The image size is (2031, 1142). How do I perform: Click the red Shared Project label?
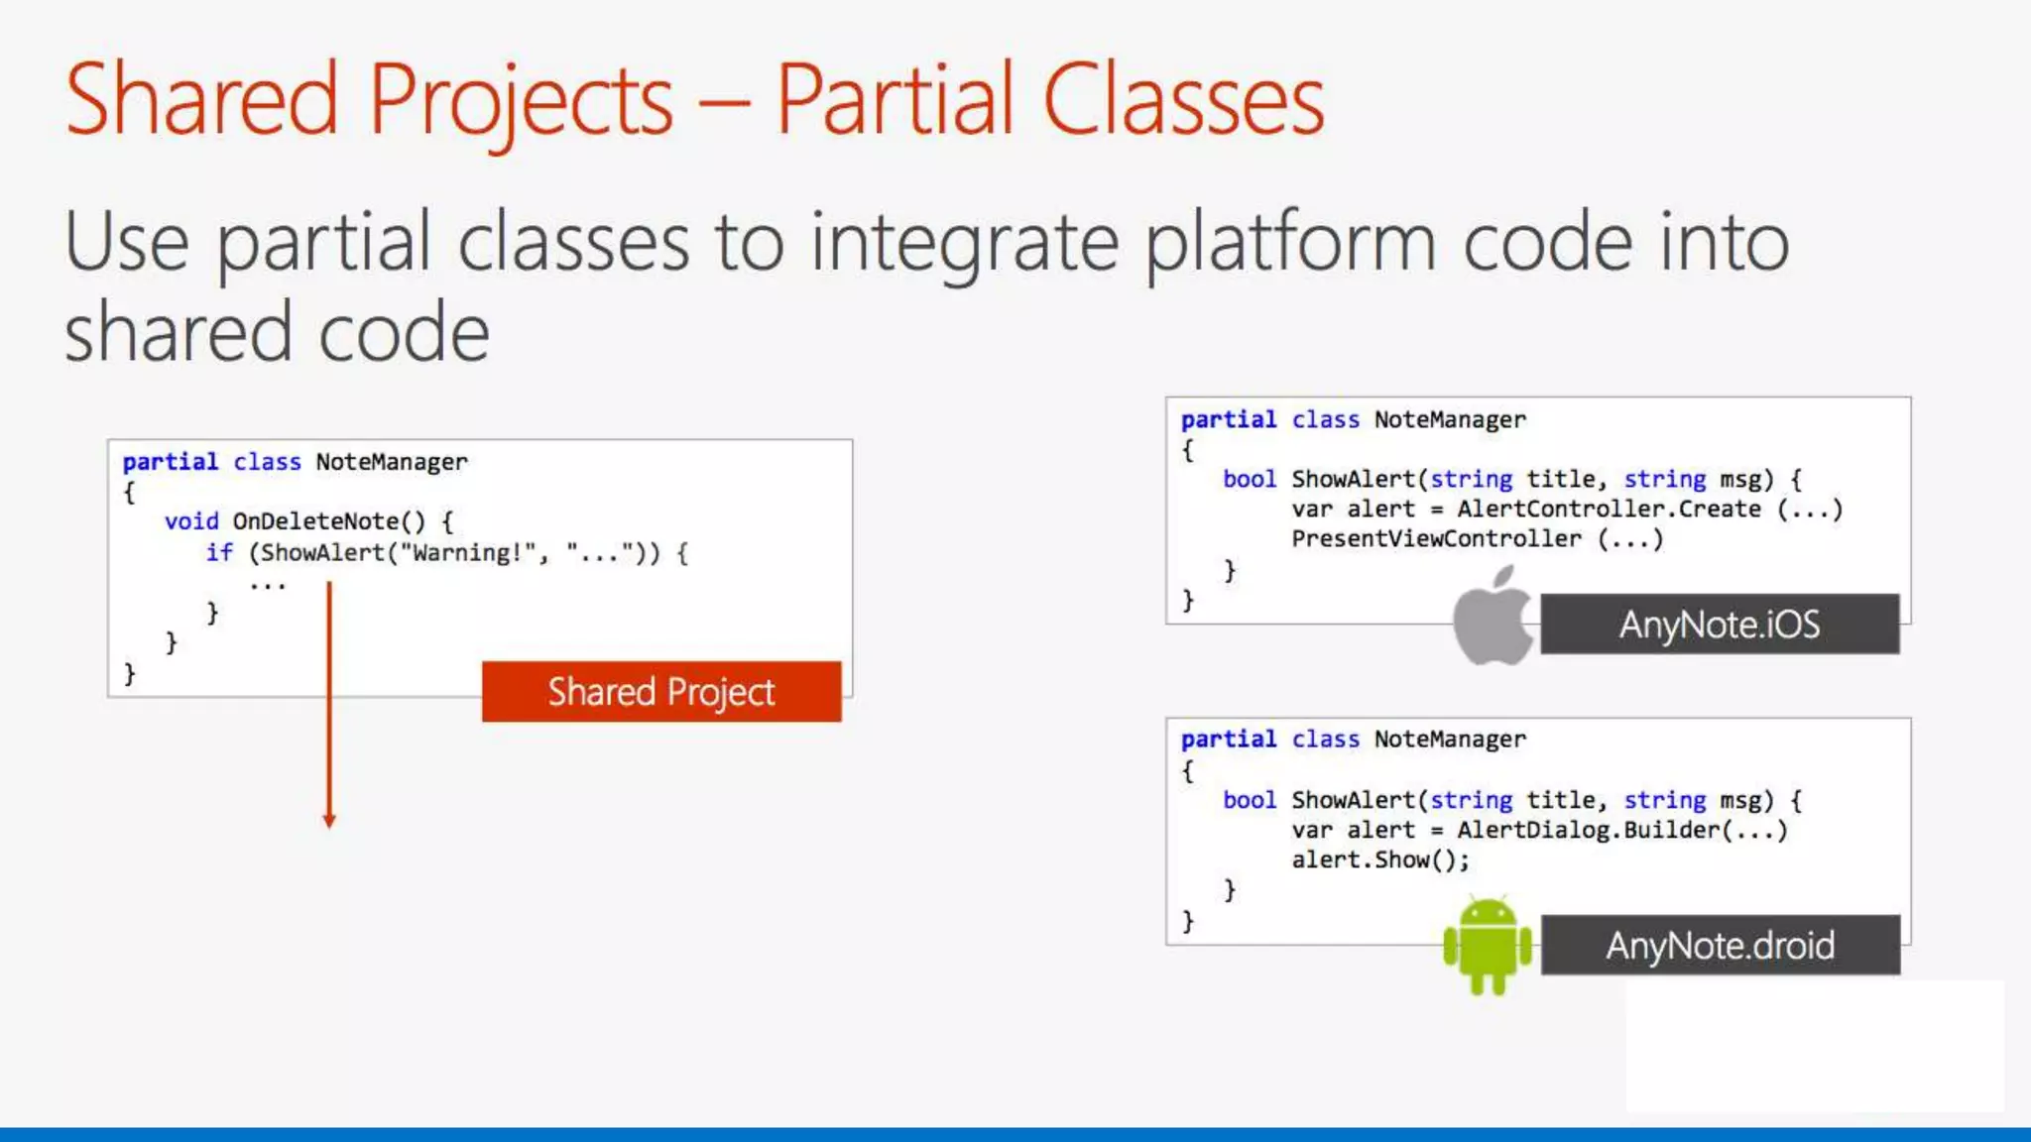[661, 692]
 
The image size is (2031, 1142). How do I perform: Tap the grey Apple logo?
[1492, 617]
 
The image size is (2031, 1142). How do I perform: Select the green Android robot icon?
[1487, 945]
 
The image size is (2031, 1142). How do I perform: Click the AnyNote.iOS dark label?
[1720, 625]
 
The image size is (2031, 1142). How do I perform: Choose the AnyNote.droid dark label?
[1720, 946]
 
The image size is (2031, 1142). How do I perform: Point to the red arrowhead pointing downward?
[329, 820]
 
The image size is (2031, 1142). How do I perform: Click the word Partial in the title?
[894, 99]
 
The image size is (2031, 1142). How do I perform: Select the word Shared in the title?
[202, 99]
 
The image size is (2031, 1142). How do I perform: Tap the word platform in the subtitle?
[1290, 243]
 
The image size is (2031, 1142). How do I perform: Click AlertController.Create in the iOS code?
[1609, 510]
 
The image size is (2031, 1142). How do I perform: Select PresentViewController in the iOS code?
[1436, 539]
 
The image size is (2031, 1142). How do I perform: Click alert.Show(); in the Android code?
[1379, 859]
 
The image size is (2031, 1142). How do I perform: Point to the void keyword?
[191, 521]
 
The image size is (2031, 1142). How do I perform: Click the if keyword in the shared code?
[219, 553]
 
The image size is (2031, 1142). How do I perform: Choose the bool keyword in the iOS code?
[1249, 480]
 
